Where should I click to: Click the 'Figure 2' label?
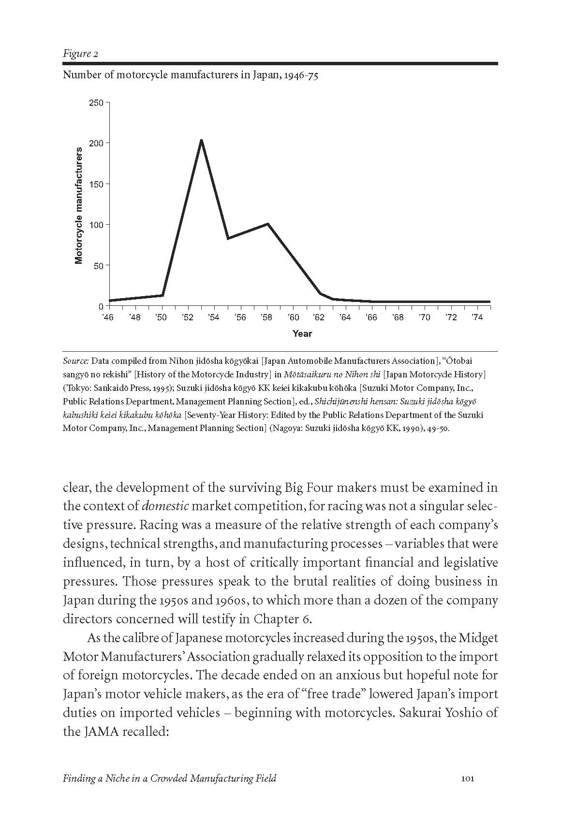[x=80, y=54]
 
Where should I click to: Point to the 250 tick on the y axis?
[x=96, y=103]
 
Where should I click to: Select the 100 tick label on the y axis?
[x=96, y=225]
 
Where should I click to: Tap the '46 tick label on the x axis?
[x=108, y=317]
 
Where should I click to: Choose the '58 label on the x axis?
[x=266, y=317]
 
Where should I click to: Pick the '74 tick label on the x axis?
[x=477, y=317]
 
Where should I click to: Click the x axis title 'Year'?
[x=302, y=333]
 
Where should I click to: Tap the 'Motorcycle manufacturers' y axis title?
[x=79, y=206]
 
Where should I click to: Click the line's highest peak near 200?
[x=201, y=141]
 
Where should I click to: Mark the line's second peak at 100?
[x=267, y=224]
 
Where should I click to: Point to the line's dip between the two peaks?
[x=228, y=238]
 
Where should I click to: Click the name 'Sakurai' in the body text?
[x=424, y=713]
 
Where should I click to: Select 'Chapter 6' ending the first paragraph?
[x=282, y=619]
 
